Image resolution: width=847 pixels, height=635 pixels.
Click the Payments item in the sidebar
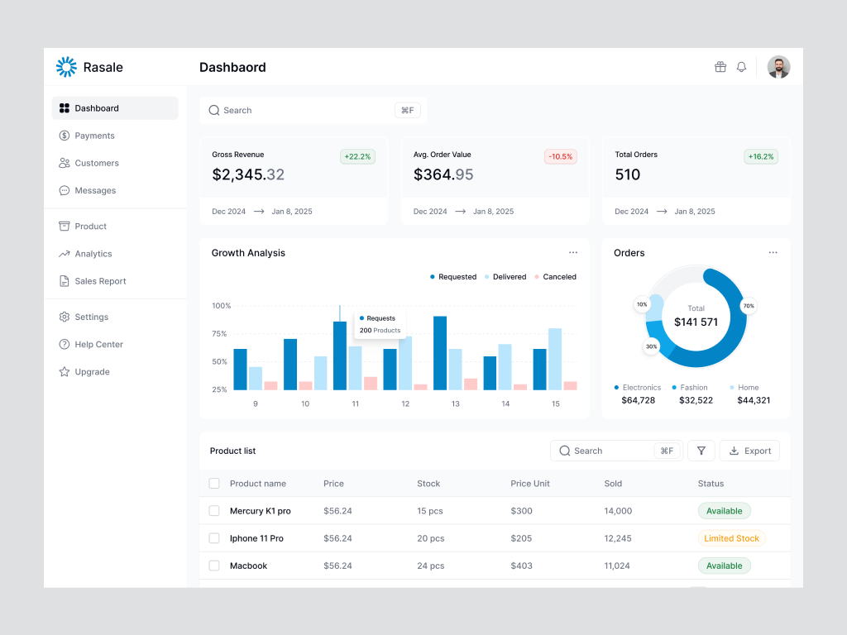click(94, 136)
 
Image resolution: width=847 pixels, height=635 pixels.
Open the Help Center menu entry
click(98, 344)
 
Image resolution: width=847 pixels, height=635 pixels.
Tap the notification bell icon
click(741, 67)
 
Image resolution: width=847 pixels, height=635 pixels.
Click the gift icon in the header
click(720, 67)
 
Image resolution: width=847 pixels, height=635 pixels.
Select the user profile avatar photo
click(778, 67)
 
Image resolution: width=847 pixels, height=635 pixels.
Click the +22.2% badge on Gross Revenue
click(358, 156)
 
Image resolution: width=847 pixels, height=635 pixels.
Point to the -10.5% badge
click(561, 156)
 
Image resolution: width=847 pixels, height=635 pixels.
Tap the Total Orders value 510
click(628, 174)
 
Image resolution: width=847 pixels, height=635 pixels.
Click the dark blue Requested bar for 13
click(440, 353)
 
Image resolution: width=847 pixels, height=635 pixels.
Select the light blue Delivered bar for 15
click(555, 359)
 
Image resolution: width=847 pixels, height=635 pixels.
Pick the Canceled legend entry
click(555, 277)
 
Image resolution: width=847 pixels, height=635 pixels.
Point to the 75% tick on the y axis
click(219, 334)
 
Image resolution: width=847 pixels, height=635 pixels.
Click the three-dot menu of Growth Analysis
click(573, 253)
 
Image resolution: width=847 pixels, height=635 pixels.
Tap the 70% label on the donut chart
click(749, 306)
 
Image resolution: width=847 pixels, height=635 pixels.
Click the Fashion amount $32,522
click(696, 400)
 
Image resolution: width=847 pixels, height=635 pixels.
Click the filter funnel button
click(701, 451)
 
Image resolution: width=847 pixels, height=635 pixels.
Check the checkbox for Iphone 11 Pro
click(214, 538)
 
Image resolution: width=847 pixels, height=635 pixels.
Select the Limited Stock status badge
click(731, 538)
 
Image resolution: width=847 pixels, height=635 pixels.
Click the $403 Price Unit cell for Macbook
click(521, 566)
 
